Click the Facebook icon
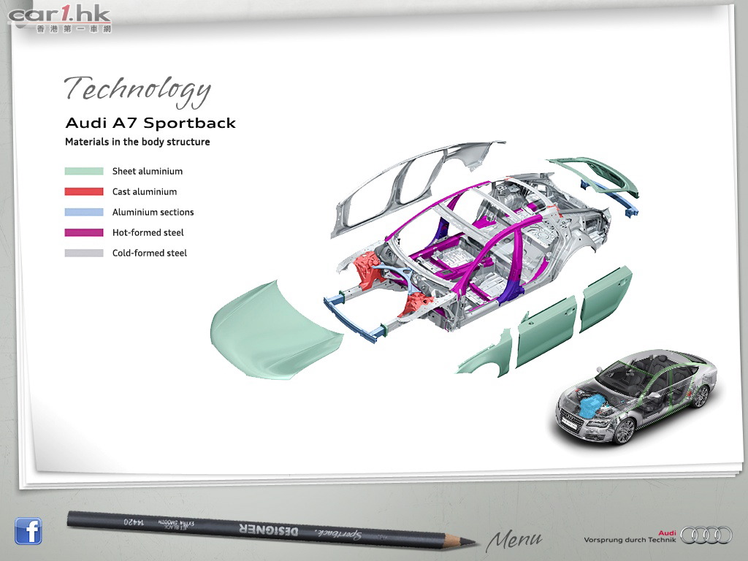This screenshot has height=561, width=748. pyautogui.click(x=28, y=531)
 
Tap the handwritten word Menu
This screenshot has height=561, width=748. pyautogui.click(x=514, y=540)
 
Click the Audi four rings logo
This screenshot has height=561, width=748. pyautogui.click(x=706, y=535)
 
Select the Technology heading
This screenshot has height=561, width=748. pyautogui.click(x=137, y=89)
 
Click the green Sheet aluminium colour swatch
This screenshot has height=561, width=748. pyautogui.click(x=84, y=172)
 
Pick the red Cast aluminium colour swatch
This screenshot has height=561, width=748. pyautogui.click(x=84, y=192)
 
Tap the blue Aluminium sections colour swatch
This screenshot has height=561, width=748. pyautogui.click(x=84, y=213)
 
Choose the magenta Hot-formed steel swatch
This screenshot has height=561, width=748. pyautogui.click(x=84, y=233)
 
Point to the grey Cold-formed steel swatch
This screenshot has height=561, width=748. pyautogui.click(x=84, y=253)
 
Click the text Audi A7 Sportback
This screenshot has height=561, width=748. pyautogui.click(x=150, y=123)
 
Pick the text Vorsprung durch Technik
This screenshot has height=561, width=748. pyautogui.click(x=625, y=541)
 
